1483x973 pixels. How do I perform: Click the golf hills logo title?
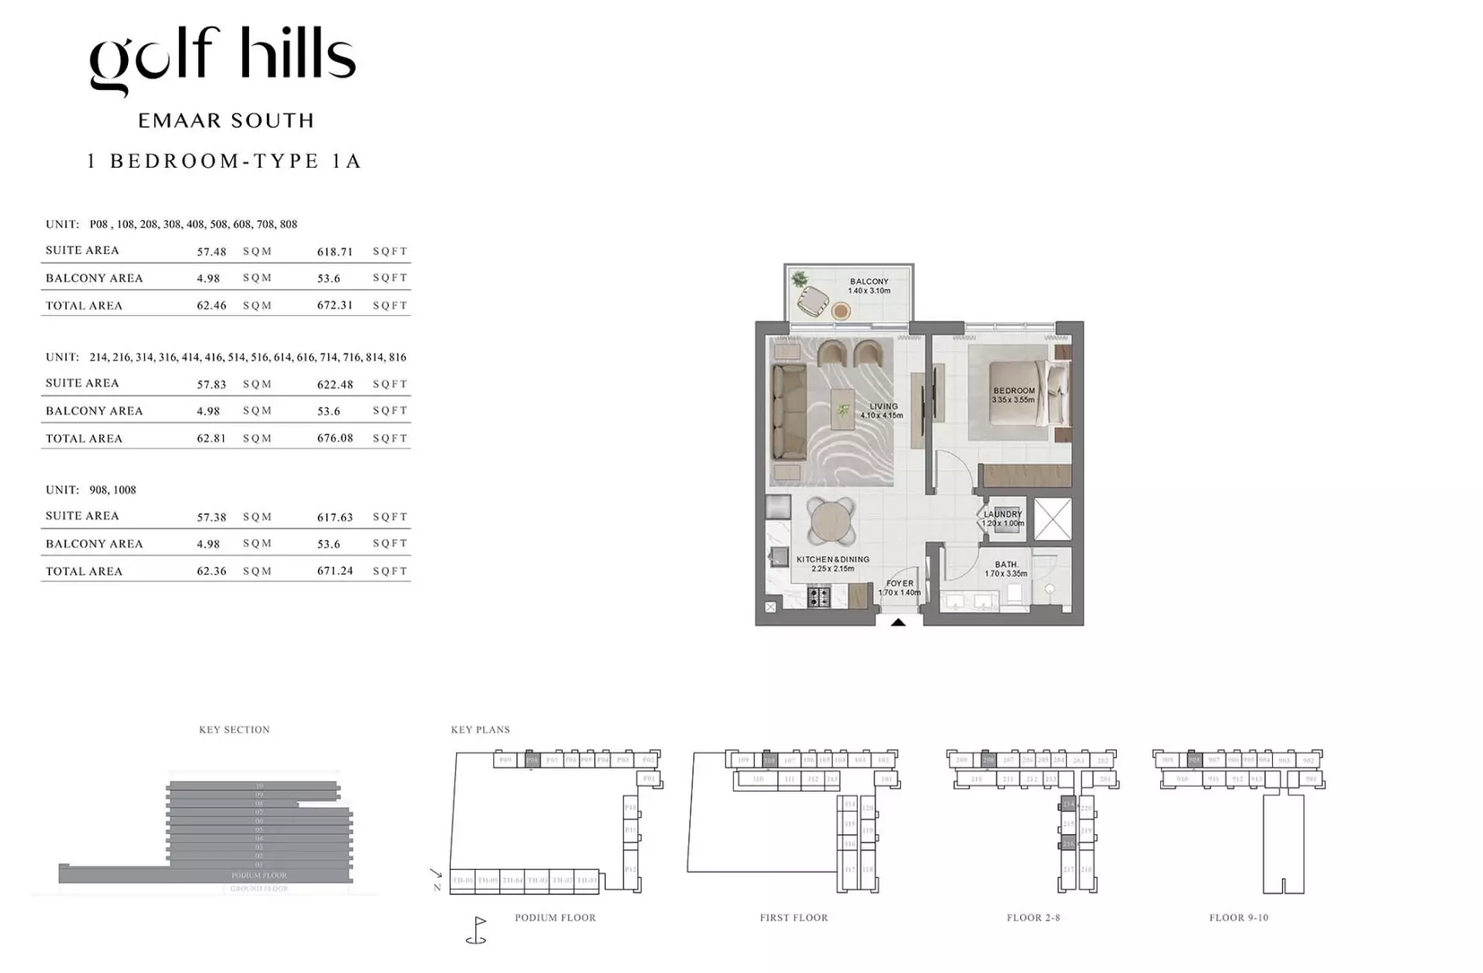[x=222, y=60]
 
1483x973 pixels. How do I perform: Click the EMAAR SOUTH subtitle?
[x=226, y=121]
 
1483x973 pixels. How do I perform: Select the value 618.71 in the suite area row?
[x=335, y=252]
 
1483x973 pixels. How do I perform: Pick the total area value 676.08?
[x=335, y=438]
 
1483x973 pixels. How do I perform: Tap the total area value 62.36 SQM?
[x=211, y=571]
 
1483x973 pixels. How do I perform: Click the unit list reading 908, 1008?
[x=113, y=490]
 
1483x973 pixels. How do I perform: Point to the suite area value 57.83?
[x=211, y=384]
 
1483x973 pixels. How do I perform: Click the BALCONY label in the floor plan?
[x=869, y=281]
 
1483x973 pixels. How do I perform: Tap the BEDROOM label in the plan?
[x=1014, y=391]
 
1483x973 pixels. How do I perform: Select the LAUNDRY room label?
[x=1003, y=514]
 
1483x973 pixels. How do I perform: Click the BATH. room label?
[x=1006, y=564]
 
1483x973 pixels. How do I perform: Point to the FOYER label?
[x=899, y=583]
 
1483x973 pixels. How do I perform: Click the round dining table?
[x=831, y=520]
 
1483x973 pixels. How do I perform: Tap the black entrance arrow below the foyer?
[x=898, y=622]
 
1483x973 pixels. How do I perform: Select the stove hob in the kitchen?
[x=819, y=598]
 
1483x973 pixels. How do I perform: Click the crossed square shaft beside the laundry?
[x=1053, y=518]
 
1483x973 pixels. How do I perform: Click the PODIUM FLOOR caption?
[x=555, y=918]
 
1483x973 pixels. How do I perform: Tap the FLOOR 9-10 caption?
[x=1238, y=918]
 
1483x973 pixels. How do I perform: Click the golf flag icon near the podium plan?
[x=477, y=930]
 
